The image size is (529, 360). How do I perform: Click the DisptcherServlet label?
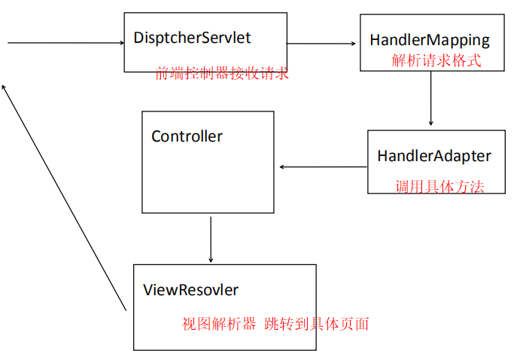(x=192, y=38)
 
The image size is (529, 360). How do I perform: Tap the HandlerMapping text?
(x=430, y=41)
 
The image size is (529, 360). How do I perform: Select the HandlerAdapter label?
(x=434, y=157)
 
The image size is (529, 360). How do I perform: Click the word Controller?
(x=187, y=136)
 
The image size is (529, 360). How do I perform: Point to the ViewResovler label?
(x=190, y=290)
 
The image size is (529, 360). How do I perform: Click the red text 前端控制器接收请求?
(x=222, y=73)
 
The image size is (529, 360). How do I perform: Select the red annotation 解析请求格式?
(x=436, y=61)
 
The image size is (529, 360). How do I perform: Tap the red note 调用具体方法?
(x=439, y=187)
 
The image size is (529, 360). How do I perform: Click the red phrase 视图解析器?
(x=219, y=324)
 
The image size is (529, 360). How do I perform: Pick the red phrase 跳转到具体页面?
(x=317, y=324)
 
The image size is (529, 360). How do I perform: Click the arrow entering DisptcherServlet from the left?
(x=65, y=43)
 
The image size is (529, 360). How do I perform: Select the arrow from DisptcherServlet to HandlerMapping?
(x=321, y=44)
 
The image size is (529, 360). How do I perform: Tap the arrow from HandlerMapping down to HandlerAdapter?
(x=431, y=98)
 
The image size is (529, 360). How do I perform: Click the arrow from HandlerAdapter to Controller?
(x=324, y=167)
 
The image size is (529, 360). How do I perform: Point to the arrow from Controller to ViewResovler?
(x=211, y=239)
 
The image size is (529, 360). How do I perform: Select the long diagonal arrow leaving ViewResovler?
(x=64, y=198)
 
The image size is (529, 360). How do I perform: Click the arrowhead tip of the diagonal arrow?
(x=2, y=85)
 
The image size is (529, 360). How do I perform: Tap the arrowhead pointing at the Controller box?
(x=280, y=167)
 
